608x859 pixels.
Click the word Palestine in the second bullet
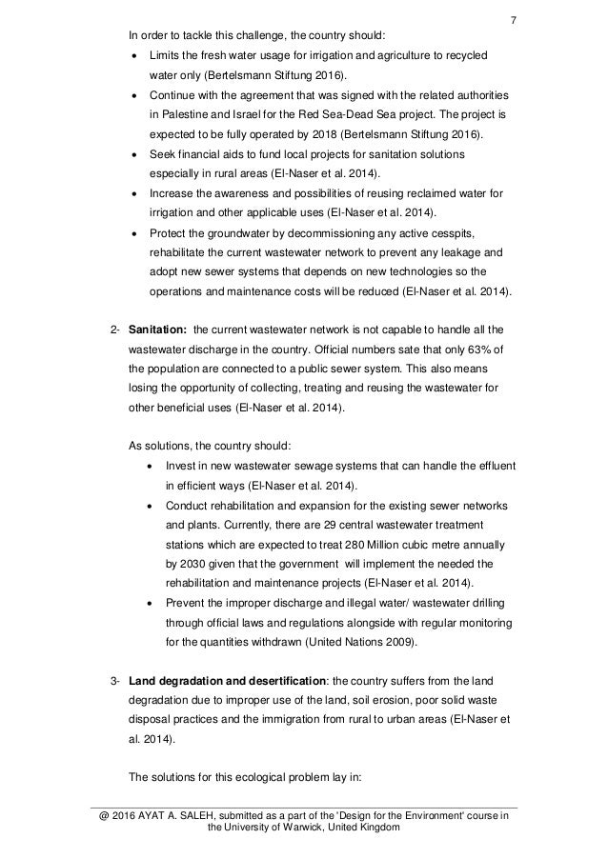(184, 117)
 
